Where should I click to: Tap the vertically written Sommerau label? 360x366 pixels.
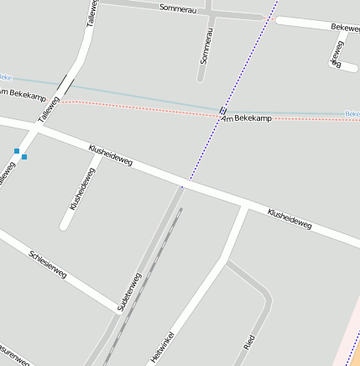tap(206, 46)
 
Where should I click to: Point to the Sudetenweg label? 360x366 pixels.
tap(129, 293)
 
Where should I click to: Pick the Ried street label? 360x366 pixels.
tap(248, 342)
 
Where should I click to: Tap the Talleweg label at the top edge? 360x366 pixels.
tap(91, 14)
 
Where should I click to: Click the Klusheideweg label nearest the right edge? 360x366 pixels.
tap(290, 220)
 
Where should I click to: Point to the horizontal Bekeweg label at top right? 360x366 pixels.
tap(345, 28)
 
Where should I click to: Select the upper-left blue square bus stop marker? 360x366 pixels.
tap(17, 151)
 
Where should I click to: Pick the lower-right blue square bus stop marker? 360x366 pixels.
tap(24, 157)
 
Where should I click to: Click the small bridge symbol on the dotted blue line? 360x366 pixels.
tap(222, 109)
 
